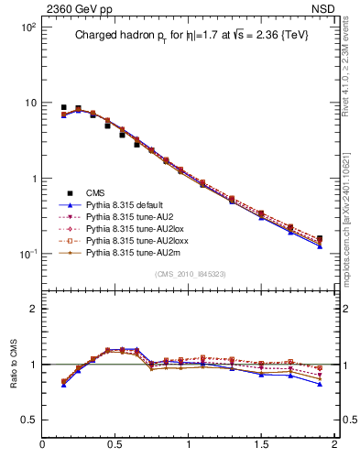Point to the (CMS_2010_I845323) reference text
click(189, 274)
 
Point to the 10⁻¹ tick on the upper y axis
click(28, 254)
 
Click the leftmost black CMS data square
click(63, 107)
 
